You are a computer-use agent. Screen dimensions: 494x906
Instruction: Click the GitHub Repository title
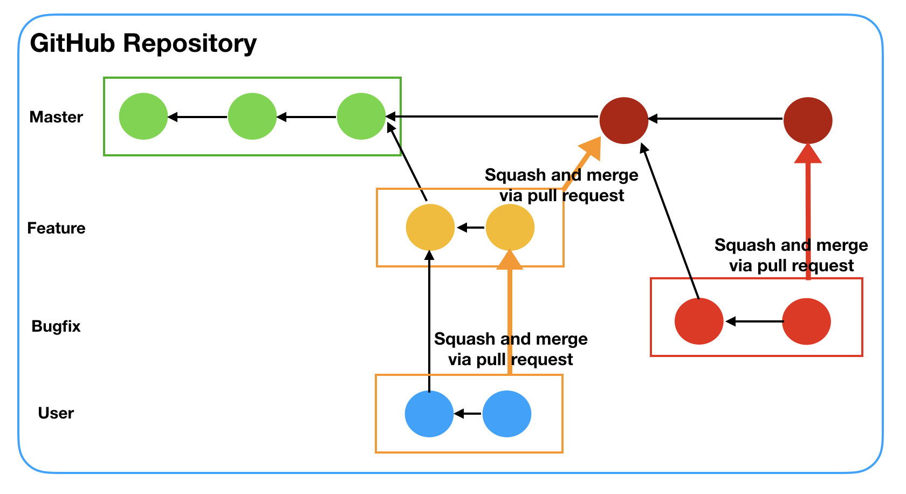143,44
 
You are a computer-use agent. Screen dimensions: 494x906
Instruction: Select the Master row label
56,117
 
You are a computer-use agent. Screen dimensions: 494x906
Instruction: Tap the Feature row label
56,228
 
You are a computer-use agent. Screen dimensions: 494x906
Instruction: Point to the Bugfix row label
56,326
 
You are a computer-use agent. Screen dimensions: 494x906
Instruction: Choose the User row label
56,413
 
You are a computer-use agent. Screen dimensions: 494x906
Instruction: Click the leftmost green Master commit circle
143,116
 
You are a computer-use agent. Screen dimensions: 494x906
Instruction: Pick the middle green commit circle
252,116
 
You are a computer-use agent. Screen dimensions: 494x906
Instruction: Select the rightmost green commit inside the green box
361,116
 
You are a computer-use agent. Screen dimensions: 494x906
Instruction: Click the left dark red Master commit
624,120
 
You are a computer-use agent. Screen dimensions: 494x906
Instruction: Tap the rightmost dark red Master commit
808,120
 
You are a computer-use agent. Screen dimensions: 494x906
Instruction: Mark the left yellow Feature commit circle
430,228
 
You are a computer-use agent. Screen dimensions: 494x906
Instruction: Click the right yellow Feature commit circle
510,228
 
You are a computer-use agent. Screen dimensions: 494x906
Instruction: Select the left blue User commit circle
429,414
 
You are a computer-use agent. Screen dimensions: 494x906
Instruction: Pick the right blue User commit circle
507,414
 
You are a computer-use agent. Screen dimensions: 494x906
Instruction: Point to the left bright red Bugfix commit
699,321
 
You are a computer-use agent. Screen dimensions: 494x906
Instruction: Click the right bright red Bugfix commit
807,321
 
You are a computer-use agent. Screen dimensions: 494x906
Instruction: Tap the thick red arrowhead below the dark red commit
808,154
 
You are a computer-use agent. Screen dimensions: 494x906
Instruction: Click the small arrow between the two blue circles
467,414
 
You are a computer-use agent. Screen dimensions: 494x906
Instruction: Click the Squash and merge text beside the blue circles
511,349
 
